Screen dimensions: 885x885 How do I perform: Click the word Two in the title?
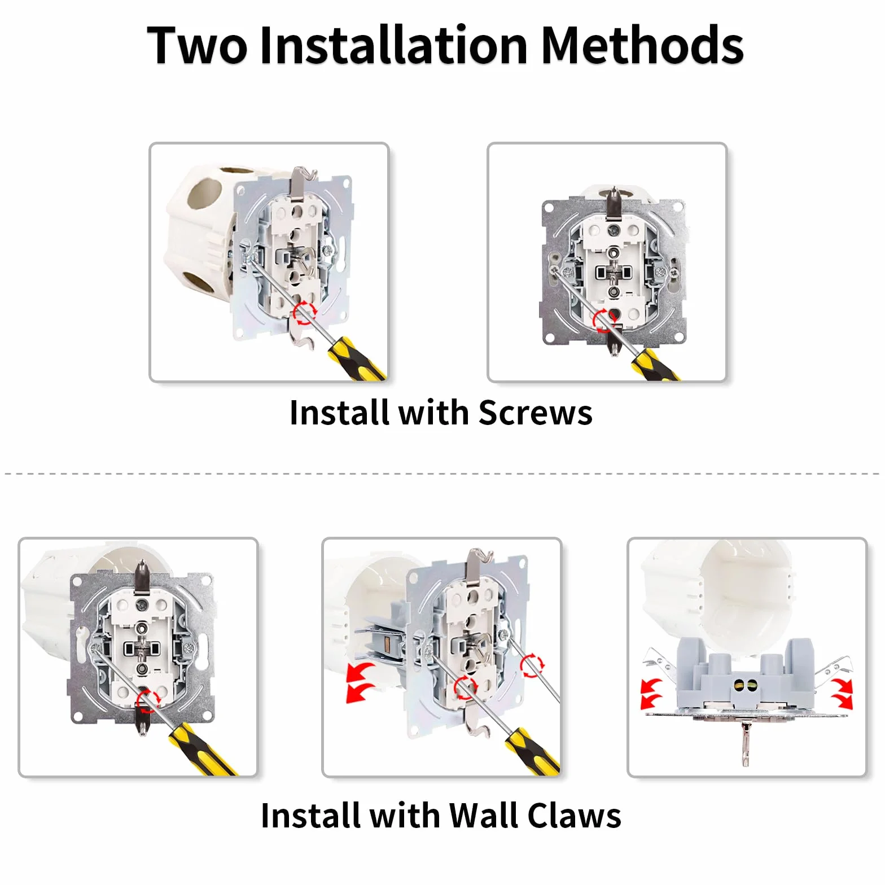point(197,45)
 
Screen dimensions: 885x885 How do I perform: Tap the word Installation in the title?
point(393,45)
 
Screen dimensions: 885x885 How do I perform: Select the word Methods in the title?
point(642,45)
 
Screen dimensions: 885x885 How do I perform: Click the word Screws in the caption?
point(535,413)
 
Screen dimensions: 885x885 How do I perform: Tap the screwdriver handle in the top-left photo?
point(357,359)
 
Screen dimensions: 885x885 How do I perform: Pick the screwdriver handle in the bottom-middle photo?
point(532,751)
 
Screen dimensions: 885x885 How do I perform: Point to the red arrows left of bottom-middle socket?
point(360,682)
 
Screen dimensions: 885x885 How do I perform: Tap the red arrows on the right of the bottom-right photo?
point(842,694)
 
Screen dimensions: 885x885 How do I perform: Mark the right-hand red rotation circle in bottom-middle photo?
point(532,665)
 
